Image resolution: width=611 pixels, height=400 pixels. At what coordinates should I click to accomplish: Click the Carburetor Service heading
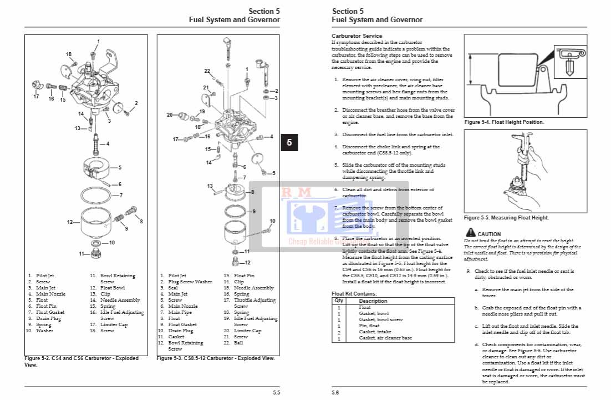[x=357, y=36]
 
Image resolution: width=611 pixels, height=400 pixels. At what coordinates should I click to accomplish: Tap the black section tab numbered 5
[x=289, y=143]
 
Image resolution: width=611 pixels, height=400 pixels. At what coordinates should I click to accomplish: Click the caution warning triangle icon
[x=470, y=233]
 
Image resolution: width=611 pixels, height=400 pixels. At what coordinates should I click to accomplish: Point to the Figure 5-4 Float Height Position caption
[x=503, y=122]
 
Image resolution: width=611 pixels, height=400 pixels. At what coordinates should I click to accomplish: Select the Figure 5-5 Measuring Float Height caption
[x=506, y=218]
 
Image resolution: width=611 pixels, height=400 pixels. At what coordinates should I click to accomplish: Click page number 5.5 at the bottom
[x=276, y=393]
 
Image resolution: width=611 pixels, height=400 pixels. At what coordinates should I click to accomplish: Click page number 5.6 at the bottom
[x=335, y=393]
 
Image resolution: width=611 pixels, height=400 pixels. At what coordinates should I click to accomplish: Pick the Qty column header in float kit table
[x=338, y=301]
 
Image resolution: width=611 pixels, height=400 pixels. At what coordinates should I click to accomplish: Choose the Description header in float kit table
[x=373, y=301]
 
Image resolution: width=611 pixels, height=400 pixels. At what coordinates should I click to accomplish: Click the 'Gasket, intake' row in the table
[x=375, y=332]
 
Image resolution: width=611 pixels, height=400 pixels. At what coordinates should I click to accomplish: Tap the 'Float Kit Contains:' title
[x=354, y=293]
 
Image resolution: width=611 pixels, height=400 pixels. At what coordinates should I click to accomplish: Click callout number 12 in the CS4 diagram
[x=70, y=222]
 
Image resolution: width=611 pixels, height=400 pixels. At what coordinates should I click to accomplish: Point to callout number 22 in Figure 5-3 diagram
[x=207, y=71]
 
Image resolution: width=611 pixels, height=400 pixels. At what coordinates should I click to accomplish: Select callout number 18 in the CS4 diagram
[x=69, y=54]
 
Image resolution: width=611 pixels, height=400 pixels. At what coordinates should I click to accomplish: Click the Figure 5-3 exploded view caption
[x=216, y=358]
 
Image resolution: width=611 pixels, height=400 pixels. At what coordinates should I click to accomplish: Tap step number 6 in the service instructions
[x=336, y=189]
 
